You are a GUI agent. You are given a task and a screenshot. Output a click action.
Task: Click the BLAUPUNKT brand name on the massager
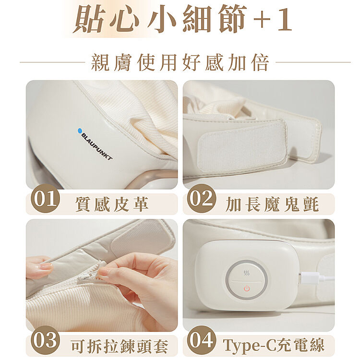(x=97, y=146)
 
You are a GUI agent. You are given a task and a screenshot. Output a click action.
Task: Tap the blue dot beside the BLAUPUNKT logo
(x=80, y=131)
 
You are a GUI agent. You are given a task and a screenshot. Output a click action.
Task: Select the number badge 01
(x=45, y=198)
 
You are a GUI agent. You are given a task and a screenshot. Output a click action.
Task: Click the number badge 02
(x=202, y=198)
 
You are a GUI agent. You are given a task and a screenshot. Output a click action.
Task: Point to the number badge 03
(x=45, y=340)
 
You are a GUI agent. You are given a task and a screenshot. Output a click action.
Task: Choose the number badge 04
(x=202, y=340)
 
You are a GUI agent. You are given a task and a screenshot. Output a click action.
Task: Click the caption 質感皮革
(x=111, y=204)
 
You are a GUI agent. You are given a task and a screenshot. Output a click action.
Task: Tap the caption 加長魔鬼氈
(x=272, y=204)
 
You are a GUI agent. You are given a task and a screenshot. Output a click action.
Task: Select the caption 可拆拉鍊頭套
(x=120, y=346)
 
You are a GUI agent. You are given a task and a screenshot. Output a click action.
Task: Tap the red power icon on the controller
(x=247, y=288)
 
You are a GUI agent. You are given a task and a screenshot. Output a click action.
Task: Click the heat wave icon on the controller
(x=247, y=273)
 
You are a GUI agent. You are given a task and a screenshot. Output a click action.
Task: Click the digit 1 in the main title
(x=285, y=18)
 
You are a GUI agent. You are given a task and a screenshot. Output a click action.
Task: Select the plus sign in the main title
(x=262, y=19)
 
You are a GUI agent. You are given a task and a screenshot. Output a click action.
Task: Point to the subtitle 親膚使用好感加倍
(x=180, y=62)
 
